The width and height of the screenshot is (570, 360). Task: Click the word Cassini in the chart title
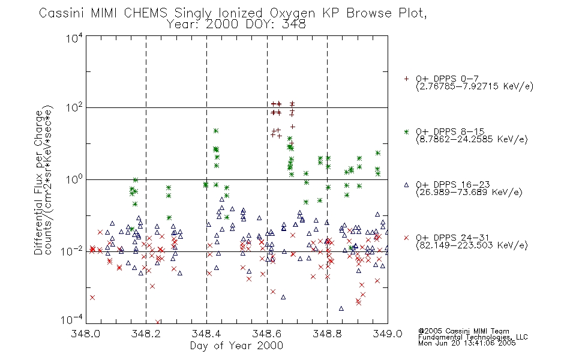(x=61, y=13)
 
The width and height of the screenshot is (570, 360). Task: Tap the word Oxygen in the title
(x=292, y=14)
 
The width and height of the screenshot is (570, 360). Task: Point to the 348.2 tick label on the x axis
(x=146, y=334)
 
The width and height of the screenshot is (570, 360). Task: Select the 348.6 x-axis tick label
(x=267, y=334)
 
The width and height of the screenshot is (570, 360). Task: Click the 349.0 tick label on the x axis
(x=388, y=334)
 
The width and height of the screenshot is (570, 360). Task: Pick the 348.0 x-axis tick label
(x=86, y=334)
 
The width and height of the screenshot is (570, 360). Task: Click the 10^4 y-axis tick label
(x=74, y=38)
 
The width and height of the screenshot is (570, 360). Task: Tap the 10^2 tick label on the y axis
(x=74, y=107)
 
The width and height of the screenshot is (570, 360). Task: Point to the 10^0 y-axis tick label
(x=74, y=179)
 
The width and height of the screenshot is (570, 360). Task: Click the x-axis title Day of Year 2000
(x=236, y=346)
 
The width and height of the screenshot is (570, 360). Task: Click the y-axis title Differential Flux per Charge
(x=39, y=182)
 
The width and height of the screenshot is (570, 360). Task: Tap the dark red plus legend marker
(x=406, y=79)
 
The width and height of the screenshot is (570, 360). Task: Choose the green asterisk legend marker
(x=406, y=131)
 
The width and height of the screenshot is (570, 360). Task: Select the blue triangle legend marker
(x=406, y=185)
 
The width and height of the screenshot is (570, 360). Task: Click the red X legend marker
(x=406, y=238)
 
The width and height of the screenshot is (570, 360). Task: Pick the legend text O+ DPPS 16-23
(x=453, y=185)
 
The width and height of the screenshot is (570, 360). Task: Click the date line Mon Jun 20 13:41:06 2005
(x=467, y=343)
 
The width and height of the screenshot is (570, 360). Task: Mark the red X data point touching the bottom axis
(x=158, y=322)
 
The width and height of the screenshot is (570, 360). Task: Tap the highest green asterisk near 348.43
(x=216, y=131)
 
